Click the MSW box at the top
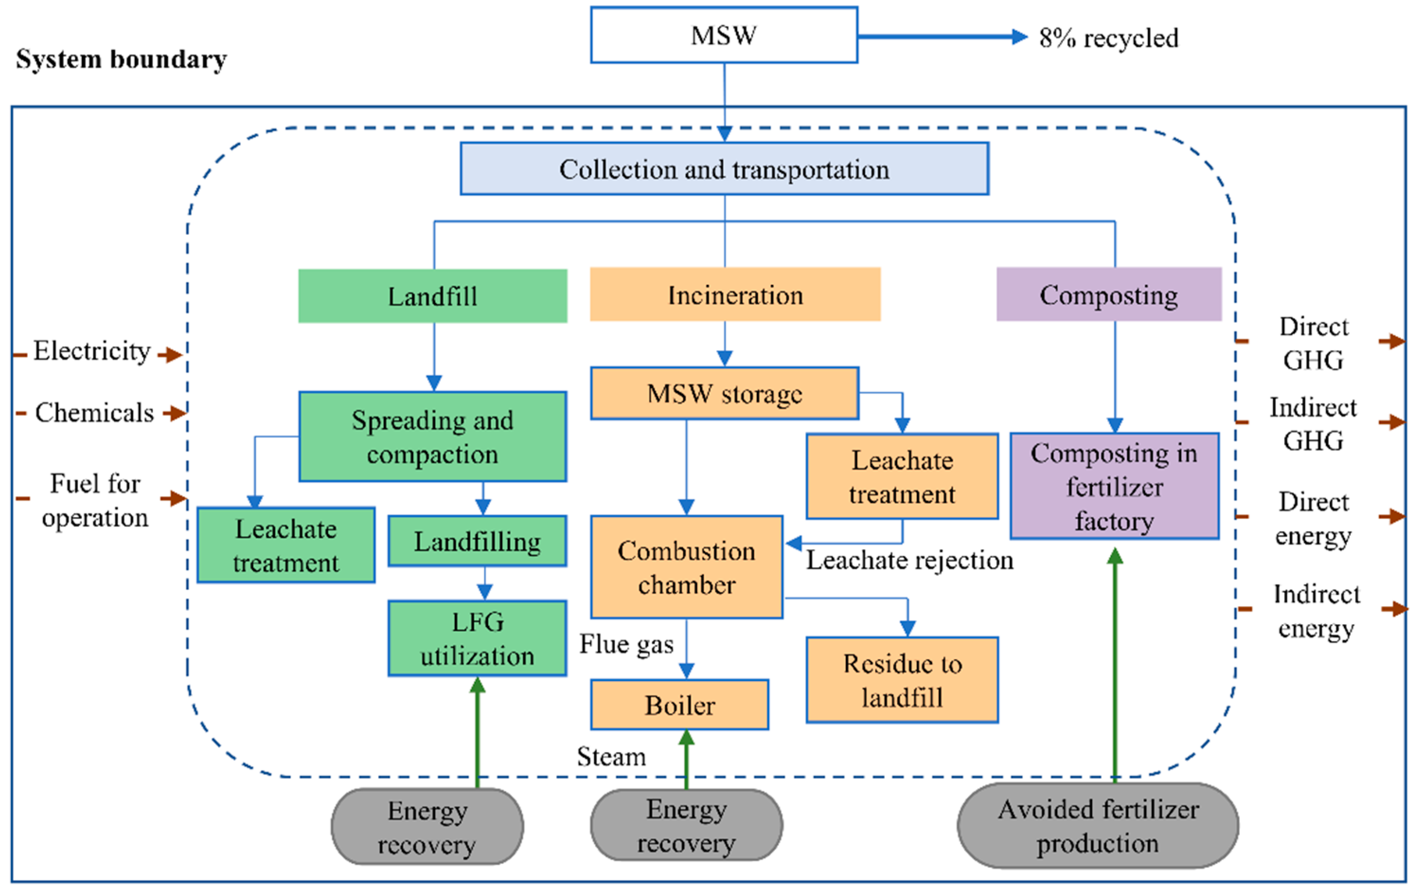(x=724, y=35)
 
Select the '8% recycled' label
(x=1108, y=38)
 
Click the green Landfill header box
(x=432, y=296)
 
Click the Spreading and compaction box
(x=432, y=437)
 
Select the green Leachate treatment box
(x=286, y=546)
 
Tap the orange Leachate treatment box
(x=902, y=476)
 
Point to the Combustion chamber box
(x=686, y=567)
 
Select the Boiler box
(x=679, y=705)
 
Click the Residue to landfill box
(x=902, y=680)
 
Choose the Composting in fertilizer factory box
(x=1114, y=486)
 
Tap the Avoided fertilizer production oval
(x=1097, y=826)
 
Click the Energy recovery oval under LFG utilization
(x=427, y=827)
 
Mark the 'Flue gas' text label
(x=626, y=644)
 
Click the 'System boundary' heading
(x=121, y=59)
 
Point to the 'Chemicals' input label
(x=94, y=413)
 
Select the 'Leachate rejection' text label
(x=909, y=560)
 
